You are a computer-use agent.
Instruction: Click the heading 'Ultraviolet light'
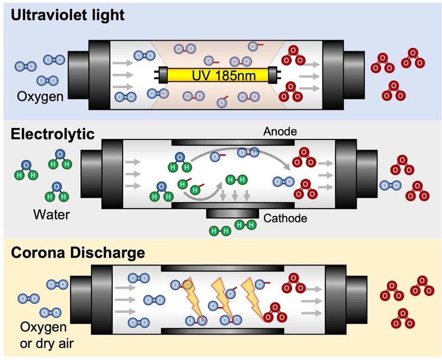[68, 15]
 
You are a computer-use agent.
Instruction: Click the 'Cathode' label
[285, 218]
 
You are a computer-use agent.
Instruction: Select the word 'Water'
[51, 213]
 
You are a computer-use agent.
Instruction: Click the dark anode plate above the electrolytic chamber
[233, 142]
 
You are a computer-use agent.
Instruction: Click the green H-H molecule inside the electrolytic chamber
[237, 181]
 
